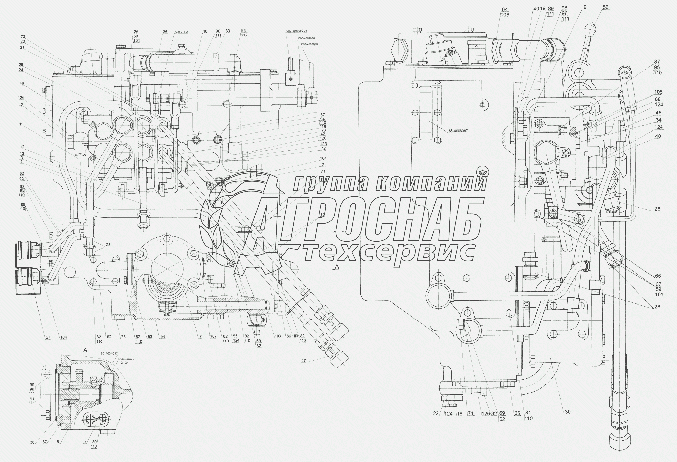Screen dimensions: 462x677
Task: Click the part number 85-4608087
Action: tap(458, 131)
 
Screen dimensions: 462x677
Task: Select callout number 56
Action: tap(605, 7)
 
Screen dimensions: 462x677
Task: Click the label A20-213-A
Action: tap(181, 32)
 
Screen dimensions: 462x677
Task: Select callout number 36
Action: tap(165, 32)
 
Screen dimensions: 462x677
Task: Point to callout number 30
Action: tap(568, 412)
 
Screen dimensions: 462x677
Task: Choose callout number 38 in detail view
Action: tap(32, 442)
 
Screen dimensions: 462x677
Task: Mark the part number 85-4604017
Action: tap(109, 354)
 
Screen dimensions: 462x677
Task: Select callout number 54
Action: tap(162, 337)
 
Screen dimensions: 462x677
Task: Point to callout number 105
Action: tap(658, 92)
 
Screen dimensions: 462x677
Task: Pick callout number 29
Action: tap(21, 65)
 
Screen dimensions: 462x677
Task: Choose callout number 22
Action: tap(436, 414)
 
